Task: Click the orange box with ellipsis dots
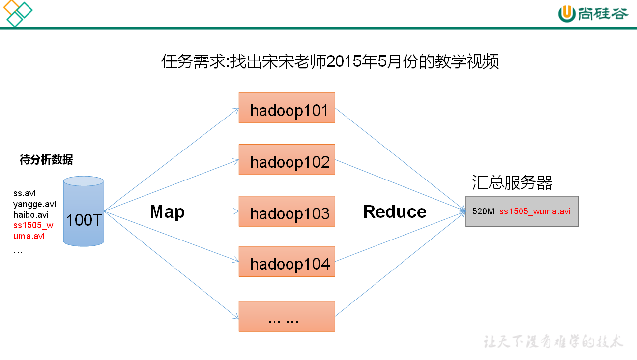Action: pos(287,316)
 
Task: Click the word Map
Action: pos(167,212)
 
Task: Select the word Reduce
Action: pos(395,212)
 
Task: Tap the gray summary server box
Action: pos(522,211)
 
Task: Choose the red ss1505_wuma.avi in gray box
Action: pos(535,211)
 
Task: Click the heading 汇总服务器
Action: pos(512,182)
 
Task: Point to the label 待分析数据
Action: pos(46,159)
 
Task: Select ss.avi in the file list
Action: pos(25,193)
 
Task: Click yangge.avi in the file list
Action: pos(34,204)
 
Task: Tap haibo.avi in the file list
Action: pos(31,215)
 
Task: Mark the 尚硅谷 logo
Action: pos(593,13)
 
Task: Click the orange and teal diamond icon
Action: pos(17,13)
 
